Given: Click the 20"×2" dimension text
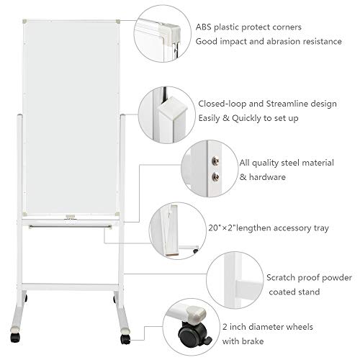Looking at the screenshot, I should click(222, 228).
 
